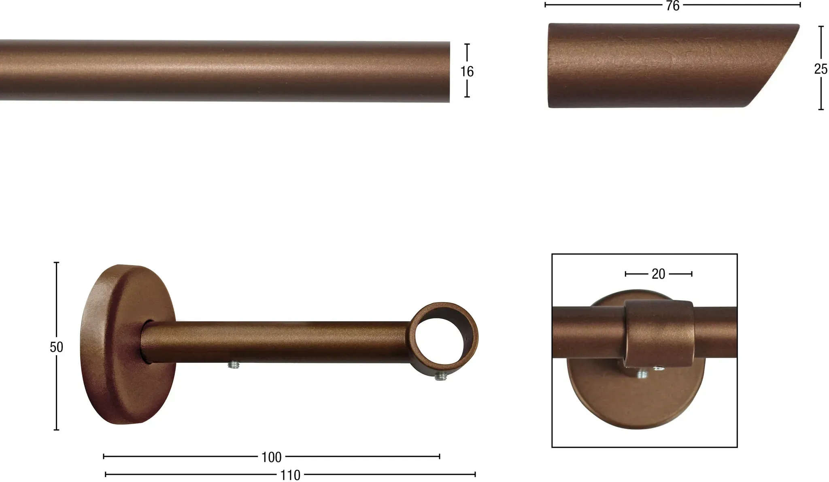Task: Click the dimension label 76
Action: pos(673,6)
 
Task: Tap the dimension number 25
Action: pos(820,69)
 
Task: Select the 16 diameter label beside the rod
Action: pos(467,72)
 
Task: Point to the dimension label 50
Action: pos(56,347)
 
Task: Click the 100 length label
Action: pos(271,457)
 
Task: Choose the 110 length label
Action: pos(290,475)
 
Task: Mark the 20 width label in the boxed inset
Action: pos(658,274)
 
